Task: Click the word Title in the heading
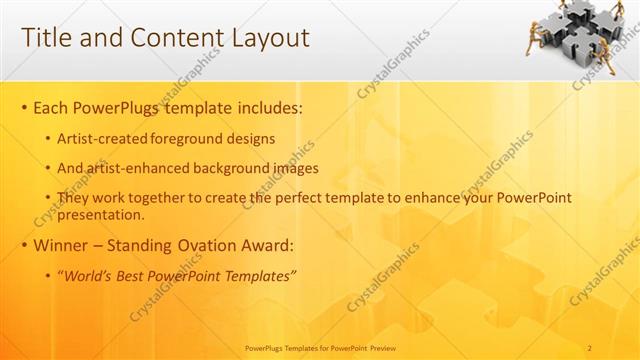coord(45,38)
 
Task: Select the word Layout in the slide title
coord(268,38)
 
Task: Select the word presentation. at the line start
coord(102,214)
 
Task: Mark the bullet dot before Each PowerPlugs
coord(24,107)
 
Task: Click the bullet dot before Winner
coord(24,247)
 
